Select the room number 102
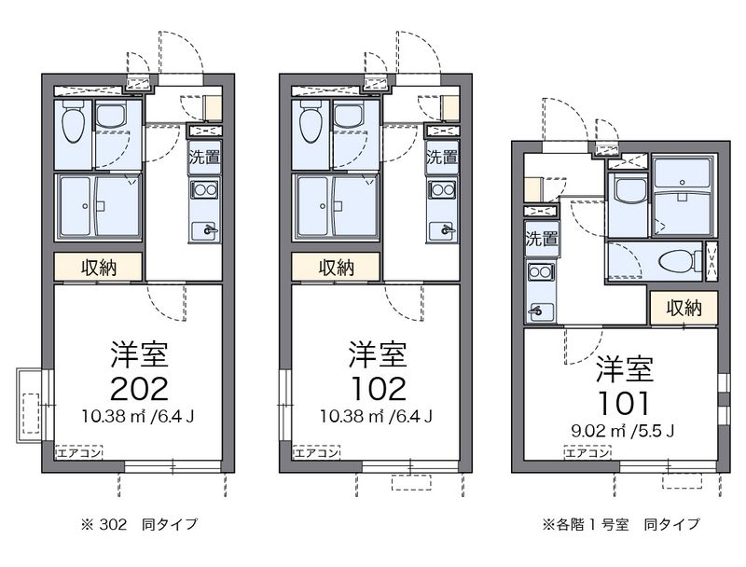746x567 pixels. click(x=377, y=387)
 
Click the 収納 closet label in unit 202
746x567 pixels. click(x=98, y=268)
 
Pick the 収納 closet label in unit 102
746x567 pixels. click(x=336, y=268)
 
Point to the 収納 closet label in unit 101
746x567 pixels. click(x=684, y=308)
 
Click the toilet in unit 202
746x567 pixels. click(x=72, y=121)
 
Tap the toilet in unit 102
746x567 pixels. click(x=310, y=121)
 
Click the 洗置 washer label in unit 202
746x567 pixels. click(x=205, y=157)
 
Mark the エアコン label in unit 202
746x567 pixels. click(x=79, y=453)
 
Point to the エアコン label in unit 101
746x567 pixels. click(x=587, y=453)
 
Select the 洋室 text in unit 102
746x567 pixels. click(x=377, y=354)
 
